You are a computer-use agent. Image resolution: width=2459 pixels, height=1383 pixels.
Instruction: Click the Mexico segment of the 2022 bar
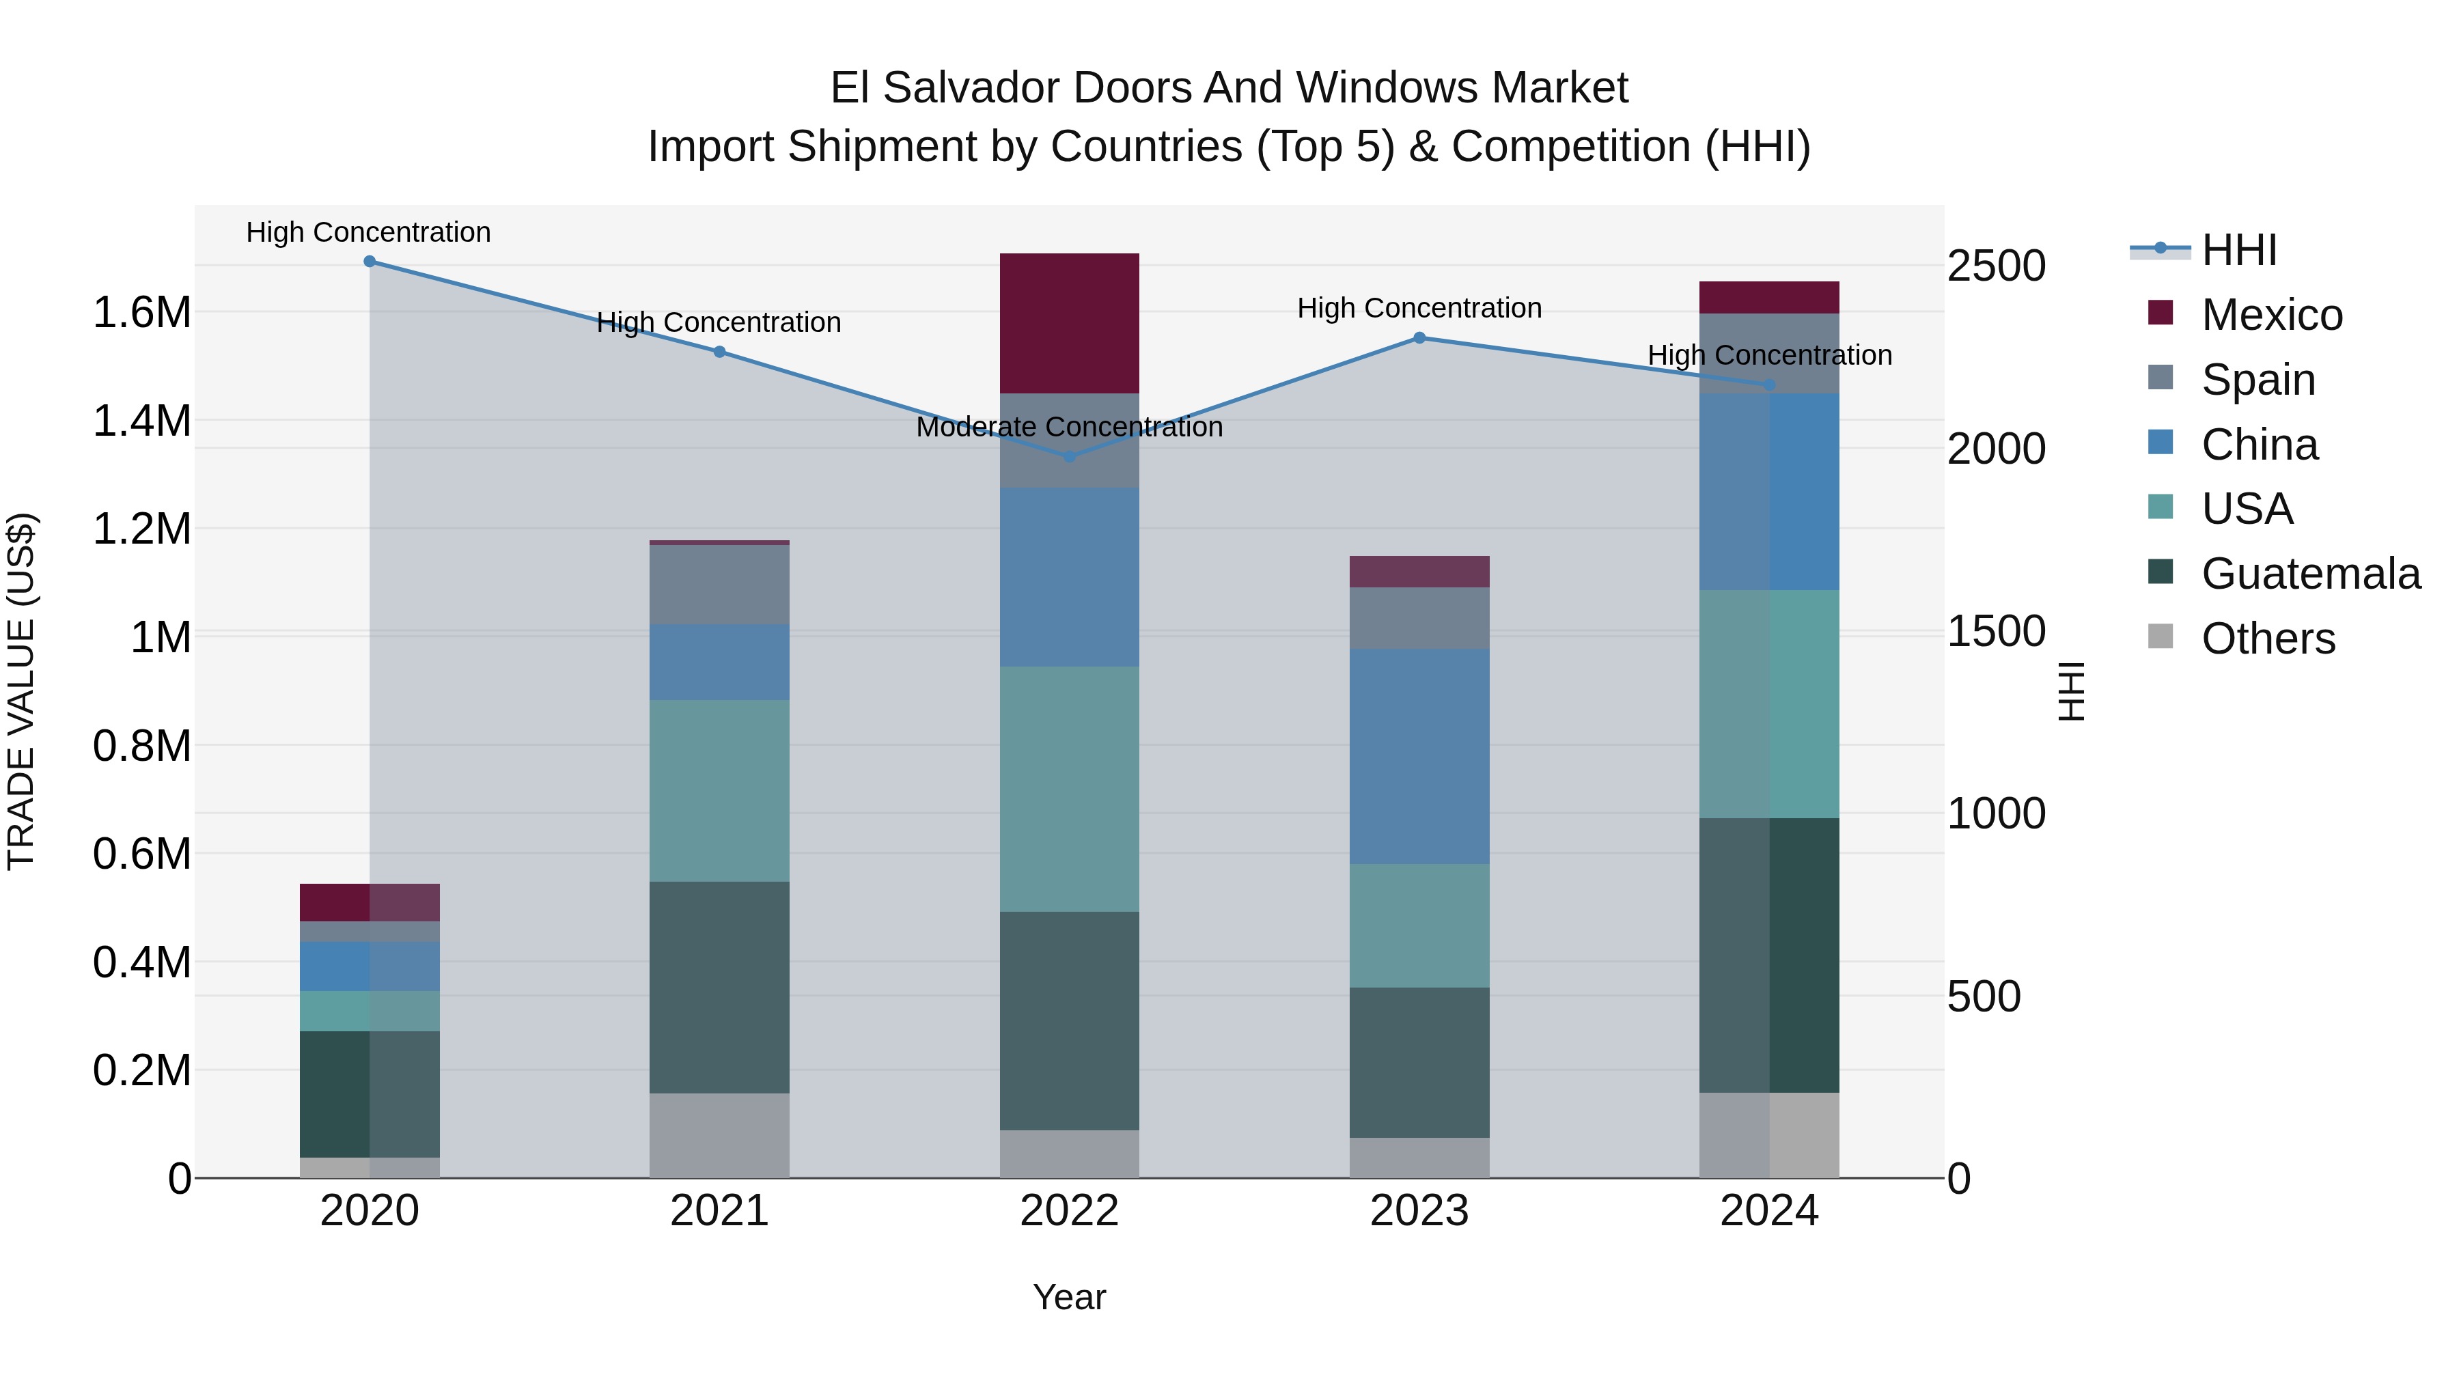pyautogui.click(x=1069, y=322)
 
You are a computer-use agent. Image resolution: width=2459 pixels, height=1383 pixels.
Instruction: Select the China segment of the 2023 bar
pyautogui.click(x=1419, y=756)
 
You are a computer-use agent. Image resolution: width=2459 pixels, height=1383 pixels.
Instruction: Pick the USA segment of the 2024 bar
pyautogui.click(x=1769, y=703)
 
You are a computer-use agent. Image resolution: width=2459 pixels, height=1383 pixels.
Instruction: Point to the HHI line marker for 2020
pyautogui.click(x=370, y=262)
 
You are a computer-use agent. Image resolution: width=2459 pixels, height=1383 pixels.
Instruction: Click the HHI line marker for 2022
pyautogui.click(x=1069, y=457)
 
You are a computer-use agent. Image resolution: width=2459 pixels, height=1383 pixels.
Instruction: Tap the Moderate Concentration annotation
pyautogui.click(x=1069, y=427)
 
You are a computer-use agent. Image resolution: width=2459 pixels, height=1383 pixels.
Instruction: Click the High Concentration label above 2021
pyautogui.click(x=719, y=322)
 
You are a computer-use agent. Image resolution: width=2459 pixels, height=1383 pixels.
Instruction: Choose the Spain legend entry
pyautogui.click(x=2257, y=380)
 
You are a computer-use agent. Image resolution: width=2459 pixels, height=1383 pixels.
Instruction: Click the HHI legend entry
pyautogui.click(x=2238, y=250)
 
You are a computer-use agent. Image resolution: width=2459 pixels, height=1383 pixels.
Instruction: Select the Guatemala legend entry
pyautogui.click(x=2310, y=574)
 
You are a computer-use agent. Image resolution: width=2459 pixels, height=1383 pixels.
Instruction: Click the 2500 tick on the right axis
pyautogui.click(x=1996, y=266)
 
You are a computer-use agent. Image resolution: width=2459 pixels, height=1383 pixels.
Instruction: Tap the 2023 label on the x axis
pyautogui.click(x=1419, y=1211)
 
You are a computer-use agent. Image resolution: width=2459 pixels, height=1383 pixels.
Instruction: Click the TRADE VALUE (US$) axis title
pyautogui.click(x=21, y=691)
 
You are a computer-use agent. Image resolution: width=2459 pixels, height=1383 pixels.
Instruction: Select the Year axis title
pyautogui.click(x=1069, y=1297)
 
